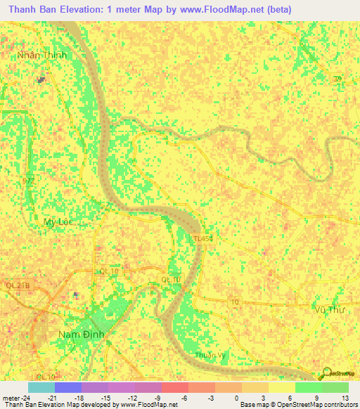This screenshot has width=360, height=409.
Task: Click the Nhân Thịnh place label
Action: (42, 55)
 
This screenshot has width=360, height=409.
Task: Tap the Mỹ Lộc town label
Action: (58, 221)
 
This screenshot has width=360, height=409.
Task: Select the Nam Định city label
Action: (82, 335)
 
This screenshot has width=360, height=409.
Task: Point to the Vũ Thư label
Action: (329, 309)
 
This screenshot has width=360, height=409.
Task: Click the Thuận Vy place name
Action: (211, 356)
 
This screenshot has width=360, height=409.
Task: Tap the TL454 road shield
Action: (204, 240)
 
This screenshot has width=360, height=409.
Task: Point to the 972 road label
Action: (28, 181)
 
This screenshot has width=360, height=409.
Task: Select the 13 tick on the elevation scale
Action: (345, 398)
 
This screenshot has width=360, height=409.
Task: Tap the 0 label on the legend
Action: (243, 398)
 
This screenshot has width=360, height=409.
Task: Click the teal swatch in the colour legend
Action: (41, 387)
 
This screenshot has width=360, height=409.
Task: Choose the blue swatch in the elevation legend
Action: (67, 387)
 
